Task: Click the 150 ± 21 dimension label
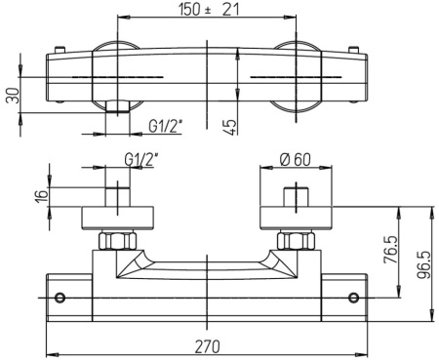(x=209, y=9)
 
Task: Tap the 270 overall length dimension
(x=207, y=346)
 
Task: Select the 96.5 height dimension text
(x=422, y=264)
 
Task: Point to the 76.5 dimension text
(x=391, y=250)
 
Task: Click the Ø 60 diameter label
(x=295, y=159)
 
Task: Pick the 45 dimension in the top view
(x=230, y=127)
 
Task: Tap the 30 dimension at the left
(x=14, y=96)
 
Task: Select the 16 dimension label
(x=42, y=196)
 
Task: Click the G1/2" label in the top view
(x=165, y=126)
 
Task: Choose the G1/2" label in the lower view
(x=141, y=159)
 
